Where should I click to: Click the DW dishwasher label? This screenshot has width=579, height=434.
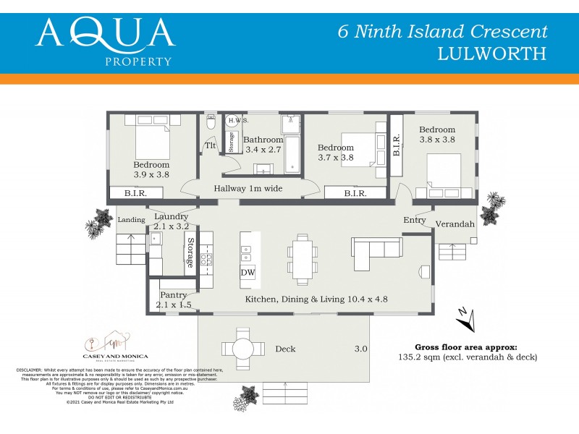click(x=248, y=272)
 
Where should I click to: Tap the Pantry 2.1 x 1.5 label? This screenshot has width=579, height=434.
click(x=174, y=299)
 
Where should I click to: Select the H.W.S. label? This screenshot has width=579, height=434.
click(x=239, y=120)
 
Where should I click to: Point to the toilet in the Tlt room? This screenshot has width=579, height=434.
click(x=211, y=124)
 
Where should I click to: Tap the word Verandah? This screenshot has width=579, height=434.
click(x=455, y=224)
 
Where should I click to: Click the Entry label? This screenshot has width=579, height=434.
click(x=415, y=220)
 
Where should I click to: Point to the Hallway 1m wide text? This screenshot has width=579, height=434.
click(x=248, y=189)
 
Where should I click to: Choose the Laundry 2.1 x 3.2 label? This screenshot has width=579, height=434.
click(x=172, y=221)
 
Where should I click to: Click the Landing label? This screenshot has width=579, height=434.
click(x=132, y=220)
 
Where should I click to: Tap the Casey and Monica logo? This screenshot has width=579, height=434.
click(x=117, y=346)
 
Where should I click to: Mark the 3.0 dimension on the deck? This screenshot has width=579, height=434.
click(x=360, y=349)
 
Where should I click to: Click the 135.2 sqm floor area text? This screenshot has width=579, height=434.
click(x=476, y=357)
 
